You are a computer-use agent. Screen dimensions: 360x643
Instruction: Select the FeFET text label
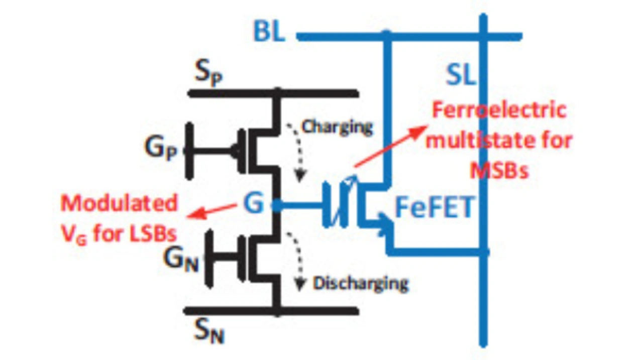434,207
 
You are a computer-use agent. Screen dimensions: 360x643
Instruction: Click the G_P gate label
161,149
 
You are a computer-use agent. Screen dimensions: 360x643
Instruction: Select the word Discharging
361,283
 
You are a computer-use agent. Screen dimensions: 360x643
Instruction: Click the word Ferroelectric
499,110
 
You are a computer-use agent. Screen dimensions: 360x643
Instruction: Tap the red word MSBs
499,171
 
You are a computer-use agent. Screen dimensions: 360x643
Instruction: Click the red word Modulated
119,203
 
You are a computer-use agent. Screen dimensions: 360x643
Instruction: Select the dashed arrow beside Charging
296,151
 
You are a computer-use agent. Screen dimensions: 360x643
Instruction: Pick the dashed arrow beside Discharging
297,261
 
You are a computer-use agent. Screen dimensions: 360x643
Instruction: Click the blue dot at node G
275,205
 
